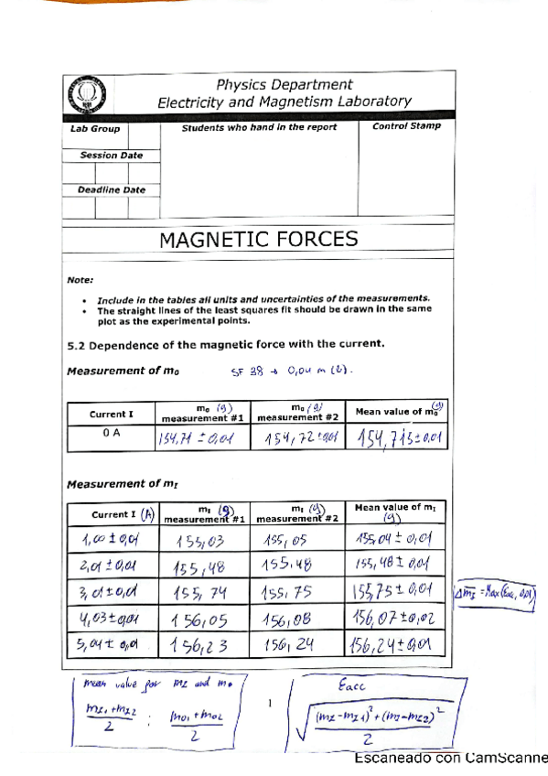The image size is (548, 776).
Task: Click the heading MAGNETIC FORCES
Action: [x=259, y=240]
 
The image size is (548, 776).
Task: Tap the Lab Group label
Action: [x=95, y=130]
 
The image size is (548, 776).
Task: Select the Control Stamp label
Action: [x=406, y=127]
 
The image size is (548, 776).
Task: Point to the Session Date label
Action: [x=111, y=156]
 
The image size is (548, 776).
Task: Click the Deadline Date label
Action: [x=111, y=190]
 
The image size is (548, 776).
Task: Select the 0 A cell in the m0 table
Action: [x=112, y=436]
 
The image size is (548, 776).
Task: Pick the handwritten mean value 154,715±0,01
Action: [x=400, y=439]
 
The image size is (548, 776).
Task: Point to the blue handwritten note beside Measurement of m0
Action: [x=293, y=372]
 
